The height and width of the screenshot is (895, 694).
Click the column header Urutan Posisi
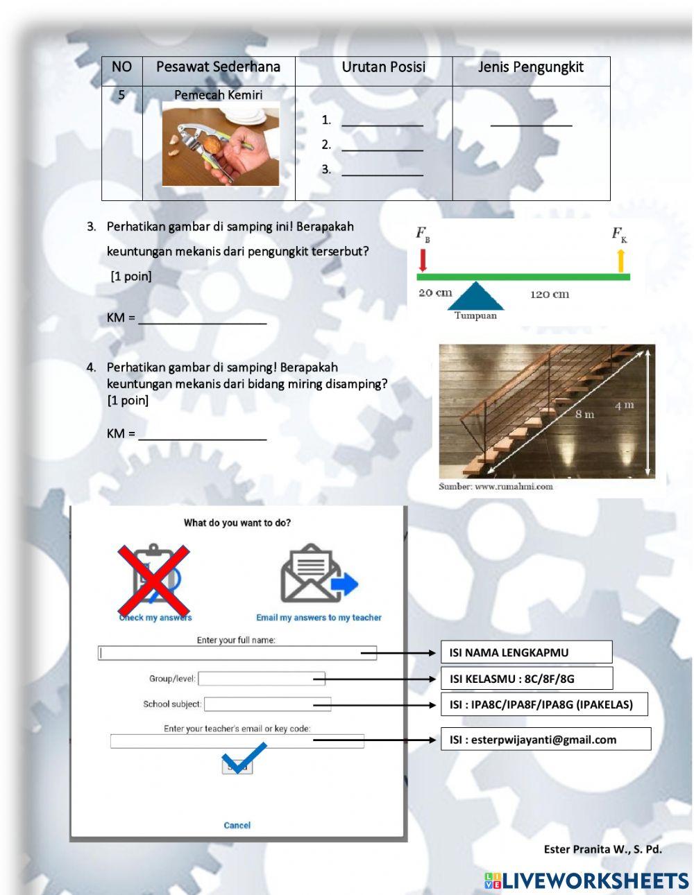click(383, 67)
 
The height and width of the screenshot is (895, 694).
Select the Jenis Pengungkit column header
click(531, 67)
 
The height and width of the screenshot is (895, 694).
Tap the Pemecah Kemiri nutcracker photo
click(221, 144)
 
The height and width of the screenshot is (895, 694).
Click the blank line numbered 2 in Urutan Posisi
click(382, 145)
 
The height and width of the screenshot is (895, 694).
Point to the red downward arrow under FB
click(423, 260)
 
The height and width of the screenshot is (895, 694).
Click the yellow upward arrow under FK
click(620, 261)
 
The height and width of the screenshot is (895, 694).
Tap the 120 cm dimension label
click(550, 295)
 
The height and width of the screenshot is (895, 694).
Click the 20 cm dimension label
click(435, 293)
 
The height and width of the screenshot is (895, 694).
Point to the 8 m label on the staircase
click(584, 415)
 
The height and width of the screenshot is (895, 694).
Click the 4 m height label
click(624, 406)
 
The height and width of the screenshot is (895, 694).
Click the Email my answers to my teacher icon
click(319, 575)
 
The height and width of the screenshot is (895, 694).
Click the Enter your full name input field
click(237, 653)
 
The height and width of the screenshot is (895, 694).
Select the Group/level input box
click(261, 679)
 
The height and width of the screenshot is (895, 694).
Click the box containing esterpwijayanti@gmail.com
click(545, 739)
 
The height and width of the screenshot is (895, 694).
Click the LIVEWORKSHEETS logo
click(586, 880)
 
